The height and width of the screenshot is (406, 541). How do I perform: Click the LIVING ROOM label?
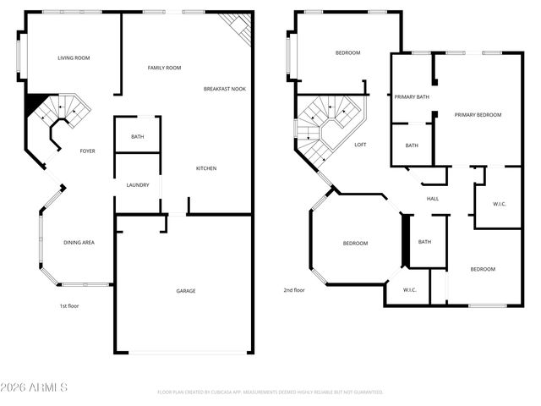point(74,58)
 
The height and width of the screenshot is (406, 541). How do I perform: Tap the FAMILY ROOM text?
point(164,68)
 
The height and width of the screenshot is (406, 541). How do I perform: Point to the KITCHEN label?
point(206,168)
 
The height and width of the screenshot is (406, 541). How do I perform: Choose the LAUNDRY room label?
point(138,184)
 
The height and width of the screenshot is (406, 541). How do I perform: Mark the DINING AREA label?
point(79,243)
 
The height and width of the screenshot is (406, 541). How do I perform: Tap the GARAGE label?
point(186,291)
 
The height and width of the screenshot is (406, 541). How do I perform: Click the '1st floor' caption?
point(68,305)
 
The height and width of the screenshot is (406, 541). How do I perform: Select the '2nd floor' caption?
point(294,290)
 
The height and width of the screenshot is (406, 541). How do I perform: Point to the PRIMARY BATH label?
point(412,97)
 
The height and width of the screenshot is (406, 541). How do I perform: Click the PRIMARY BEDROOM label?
point(478,115)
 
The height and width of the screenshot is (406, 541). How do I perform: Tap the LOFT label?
point(360,145)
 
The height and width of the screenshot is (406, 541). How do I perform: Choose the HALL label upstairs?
point(433,199)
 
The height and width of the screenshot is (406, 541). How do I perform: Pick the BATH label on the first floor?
point(137,137)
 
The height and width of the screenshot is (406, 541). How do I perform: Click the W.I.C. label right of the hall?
point(499,204)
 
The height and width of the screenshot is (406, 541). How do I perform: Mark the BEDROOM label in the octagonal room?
point(355,244)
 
